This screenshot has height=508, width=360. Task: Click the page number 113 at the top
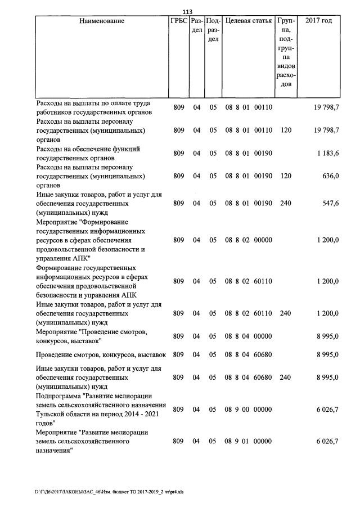point(188,11)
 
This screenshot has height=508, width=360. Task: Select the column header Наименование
point(102,21)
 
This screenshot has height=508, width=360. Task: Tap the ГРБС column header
point(179,21)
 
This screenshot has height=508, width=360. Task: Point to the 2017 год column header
point(318,21)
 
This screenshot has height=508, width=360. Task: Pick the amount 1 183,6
point(327,153)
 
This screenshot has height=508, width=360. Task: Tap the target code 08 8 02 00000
point(249,240)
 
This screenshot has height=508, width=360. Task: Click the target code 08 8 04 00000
point(249,336)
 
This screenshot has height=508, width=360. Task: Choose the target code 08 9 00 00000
point(249,410)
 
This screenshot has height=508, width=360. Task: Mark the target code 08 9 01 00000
point(249,442)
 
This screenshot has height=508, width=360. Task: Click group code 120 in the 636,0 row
point(286,176)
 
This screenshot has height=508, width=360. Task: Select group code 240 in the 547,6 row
point(286,203)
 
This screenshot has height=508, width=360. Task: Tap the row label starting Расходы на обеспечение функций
point(88,149)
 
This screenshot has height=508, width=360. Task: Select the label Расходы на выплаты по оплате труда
point(92,103)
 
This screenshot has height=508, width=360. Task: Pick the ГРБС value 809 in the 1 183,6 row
point(179,153)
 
